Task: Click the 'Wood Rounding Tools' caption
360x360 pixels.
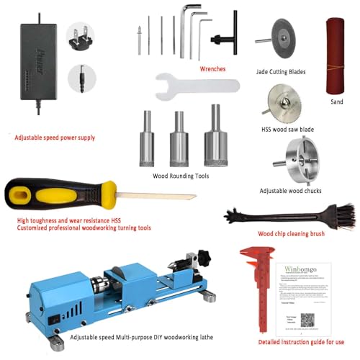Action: [181, 175]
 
